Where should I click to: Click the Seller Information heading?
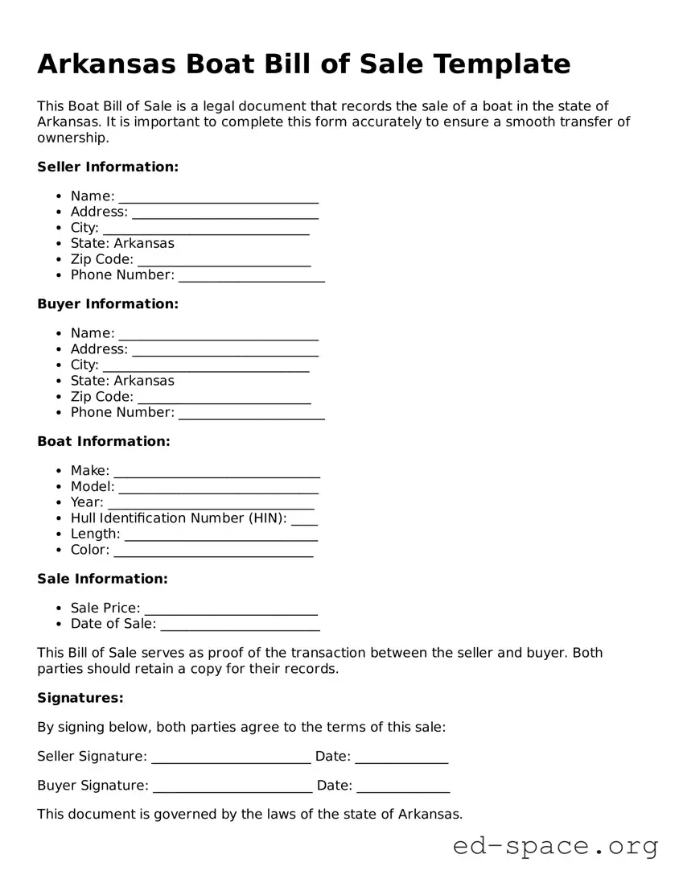point(108,167)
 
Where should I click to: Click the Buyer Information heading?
point(108,304)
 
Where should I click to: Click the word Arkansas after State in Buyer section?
point(144,381)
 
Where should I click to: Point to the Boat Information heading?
point(104,442)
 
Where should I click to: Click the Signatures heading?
point(80,698)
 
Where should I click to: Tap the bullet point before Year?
point(60,502)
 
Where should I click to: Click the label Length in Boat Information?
point(94,534)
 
